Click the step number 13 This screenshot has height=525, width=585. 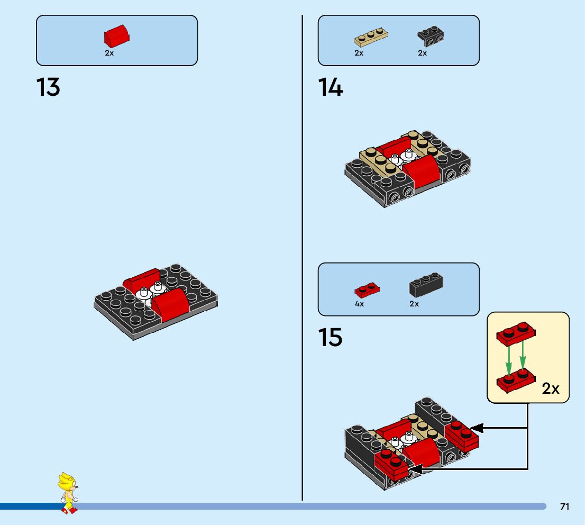point(48,87)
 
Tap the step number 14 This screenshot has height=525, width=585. point(331,87)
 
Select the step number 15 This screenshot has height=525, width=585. point(331,337)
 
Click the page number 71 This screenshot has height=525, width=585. point(564,507)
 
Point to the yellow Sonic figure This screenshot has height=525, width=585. point(68,493)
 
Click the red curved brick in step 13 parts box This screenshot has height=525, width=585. point(117,37)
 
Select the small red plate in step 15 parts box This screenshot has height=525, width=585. point(367,289)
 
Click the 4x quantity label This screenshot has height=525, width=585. point(359,304)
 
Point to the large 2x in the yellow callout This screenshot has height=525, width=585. point(551,388)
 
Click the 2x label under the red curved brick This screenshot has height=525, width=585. point(109,53)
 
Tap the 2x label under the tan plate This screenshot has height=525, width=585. point(359,53)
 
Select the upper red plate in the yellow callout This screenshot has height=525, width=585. point(516,333)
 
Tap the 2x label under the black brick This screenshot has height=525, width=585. point(414,304)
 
